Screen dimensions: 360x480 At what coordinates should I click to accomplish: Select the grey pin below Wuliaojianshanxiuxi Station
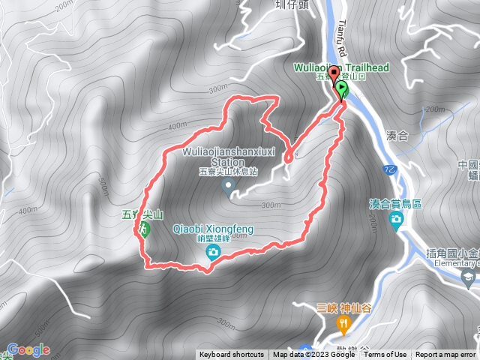[x=229, y=187]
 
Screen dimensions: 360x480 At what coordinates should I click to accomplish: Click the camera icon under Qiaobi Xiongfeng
[x=214, y=252]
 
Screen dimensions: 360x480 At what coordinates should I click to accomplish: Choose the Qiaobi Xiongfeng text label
[x=214, y=229]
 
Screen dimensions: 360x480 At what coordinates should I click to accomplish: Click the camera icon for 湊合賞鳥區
[x=396, y=218]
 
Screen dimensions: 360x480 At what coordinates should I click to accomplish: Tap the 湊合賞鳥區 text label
[x=396, y=203]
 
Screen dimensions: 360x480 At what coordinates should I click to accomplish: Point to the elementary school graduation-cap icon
[x=469, y=277]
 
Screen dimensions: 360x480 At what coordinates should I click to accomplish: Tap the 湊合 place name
[x=397, y=136]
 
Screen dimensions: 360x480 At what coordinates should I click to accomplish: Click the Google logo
[x=28, y=350]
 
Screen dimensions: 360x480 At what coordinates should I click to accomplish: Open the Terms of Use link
[x=385, y=355]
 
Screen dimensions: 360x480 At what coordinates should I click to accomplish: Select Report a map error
[x=446, y=355]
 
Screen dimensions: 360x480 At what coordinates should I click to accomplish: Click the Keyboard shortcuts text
[x=232, y=355]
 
